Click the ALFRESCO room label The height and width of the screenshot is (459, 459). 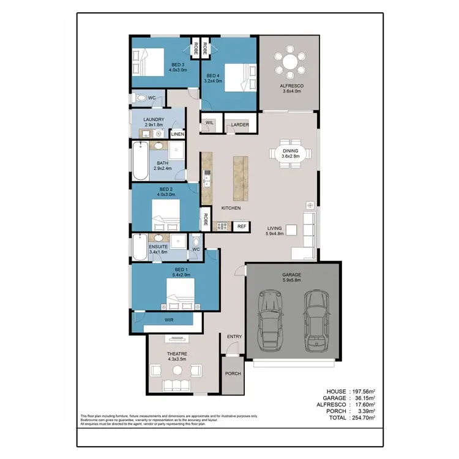288,86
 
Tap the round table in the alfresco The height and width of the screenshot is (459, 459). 288,61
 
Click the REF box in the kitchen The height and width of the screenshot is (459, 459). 242,226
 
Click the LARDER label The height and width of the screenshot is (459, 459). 239,125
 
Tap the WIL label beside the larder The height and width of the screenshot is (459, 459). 209,123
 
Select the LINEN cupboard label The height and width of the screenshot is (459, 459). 177,133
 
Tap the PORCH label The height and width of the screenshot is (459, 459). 233,374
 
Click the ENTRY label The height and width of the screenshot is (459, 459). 234,337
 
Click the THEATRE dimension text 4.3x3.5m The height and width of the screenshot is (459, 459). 177,360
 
